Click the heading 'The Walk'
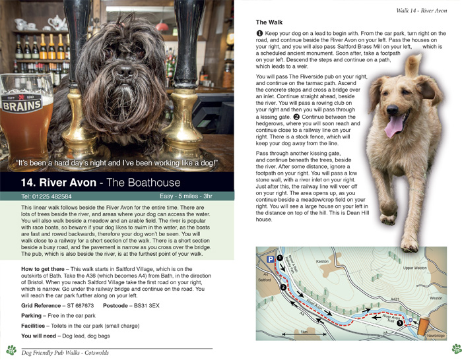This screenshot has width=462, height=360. [x=270, y=22]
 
